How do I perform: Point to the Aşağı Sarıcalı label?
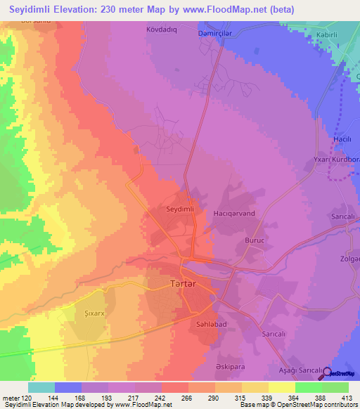tap(299, 370)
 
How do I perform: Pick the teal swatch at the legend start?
tap(41, 387)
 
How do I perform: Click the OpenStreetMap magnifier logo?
tap(328, 373)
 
